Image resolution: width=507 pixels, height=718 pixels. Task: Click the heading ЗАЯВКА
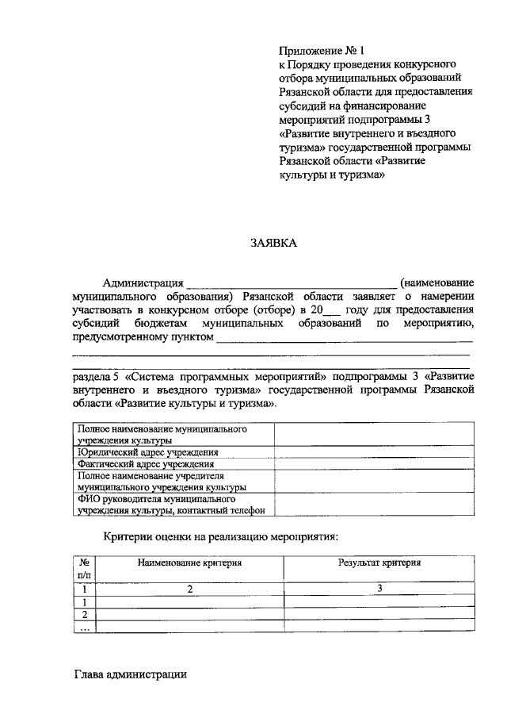pos(273,244)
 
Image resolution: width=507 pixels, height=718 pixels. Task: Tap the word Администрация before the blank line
pos(143,282)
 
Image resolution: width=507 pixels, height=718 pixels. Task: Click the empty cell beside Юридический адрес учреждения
pos(375,452)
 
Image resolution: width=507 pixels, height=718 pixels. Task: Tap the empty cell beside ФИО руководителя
pos(375,505)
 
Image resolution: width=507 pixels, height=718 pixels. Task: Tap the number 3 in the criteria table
pos(379,588)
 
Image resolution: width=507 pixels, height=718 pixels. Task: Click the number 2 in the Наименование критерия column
pos(189,589)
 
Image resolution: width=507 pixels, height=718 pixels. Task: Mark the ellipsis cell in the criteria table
pos(84,627)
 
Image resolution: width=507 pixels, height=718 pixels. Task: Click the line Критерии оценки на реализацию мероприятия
pos(221,537)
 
